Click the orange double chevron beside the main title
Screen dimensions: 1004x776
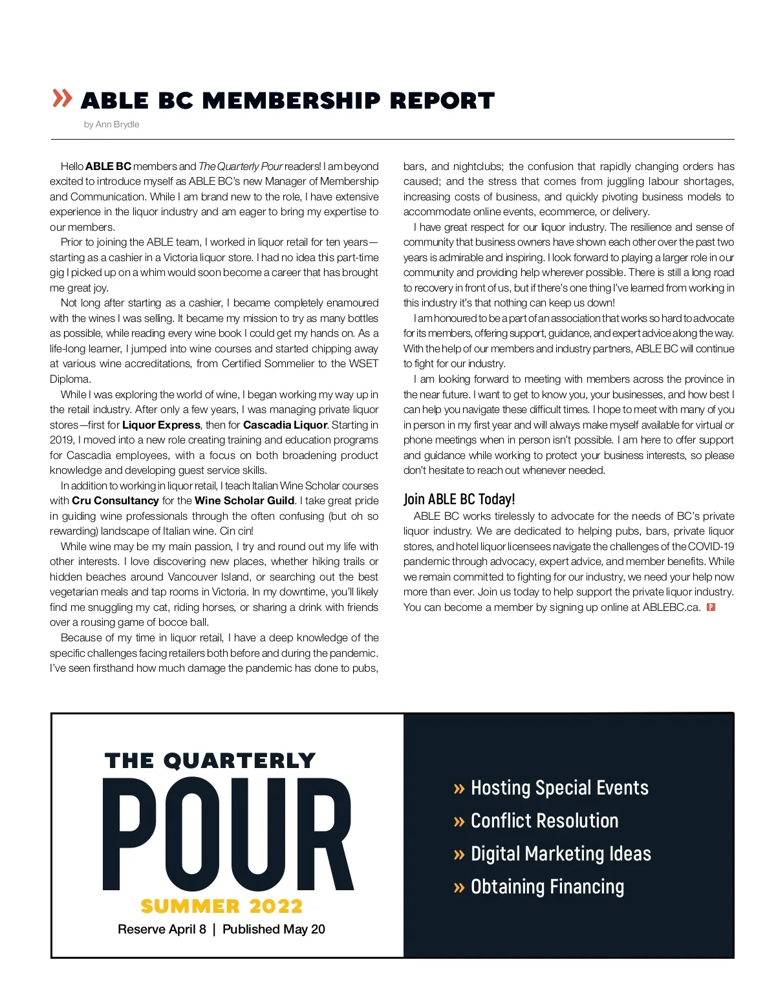pyautogui.click(x=62, y=98)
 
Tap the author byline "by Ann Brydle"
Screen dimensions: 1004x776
pyautogui.click(x=111, y=124)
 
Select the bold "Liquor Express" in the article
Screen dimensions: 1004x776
pyautogui.click(x=161, y=425)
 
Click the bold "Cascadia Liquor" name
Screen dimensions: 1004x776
pyautogui.click(x=285, y=425)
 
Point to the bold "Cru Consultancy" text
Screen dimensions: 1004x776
pyautogui.click(x=115, y=500)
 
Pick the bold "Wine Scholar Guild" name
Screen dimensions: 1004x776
pyautogui.click(x=244, y=500)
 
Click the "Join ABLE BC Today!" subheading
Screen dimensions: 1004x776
pyautogui.click(x=459, y=499)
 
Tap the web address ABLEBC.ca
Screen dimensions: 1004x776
pyautogui.click(x=671, y=607)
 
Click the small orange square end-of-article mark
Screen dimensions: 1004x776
pyautogui.click(x=711, y=607)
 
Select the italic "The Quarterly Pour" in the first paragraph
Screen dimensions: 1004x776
pyautogui.click(x=241, y=166)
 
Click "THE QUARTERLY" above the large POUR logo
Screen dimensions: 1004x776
pyautogui.click(x=210, y=761)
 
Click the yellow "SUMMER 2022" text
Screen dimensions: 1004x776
pyautogui.click(x=222, y=906)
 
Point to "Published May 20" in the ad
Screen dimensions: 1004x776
pyautogui.click(x=274, y=929)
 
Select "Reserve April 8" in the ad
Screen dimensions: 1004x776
pyautogui.click(x=162, y=929)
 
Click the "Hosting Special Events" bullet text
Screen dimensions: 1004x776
pyautogui.click(x=559, y=787)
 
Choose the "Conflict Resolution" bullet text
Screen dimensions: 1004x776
pyautogui.click(x=544, y=820)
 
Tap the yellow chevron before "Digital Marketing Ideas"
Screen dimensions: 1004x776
pyautogui.click(x=459, y=855)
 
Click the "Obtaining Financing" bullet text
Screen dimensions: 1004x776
pyautogui.click(x=547, y=886)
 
